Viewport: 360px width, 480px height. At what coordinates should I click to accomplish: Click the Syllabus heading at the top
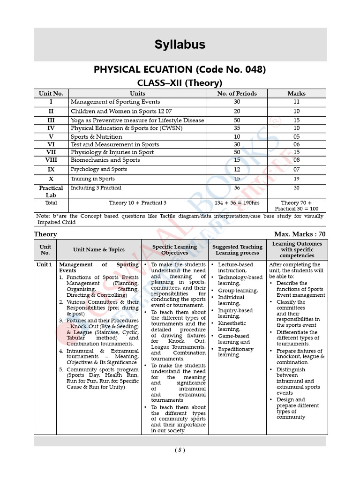[x=180, y=45]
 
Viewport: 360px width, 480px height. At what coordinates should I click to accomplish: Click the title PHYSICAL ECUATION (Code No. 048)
[x=180, y=69]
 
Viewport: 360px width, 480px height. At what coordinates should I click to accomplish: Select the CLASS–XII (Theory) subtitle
[x=180, y=83]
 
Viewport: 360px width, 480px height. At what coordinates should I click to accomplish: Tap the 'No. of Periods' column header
[x=237, y=93]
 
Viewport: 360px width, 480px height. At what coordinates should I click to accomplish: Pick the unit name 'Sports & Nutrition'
[x=97, y=137]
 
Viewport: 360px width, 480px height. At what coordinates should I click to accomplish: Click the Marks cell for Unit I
[x=296, y=102]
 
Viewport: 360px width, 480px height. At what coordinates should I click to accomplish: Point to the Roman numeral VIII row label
[x=51, y=160]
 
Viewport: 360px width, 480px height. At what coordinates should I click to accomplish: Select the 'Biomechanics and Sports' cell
[x=105, y=160]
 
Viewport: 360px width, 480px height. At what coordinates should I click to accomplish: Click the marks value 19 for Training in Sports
[x=296, y=179]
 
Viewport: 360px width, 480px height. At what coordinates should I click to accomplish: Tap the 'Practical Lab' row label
[x=51, y=191]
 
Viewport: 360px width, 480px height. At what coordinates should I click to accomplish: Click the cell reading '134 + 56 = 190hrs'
[x=237, y=203]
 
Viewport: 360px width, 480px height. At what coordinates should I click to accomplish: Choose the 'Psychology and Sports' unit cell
[x=99, y=169]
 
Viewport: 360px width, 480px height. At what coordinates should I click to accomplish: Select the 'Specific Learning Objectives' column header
[x=174, y=250]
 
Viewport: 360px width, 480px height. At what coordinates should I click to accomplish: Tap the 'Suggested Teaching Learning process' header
[x=237, y=250]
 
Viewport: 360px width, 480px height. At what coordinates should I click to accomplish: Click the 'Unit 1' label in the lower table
[x=45, y=264]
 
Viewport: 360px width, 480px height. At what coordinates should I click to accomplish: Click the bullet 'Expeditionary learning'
[x=235, y=352]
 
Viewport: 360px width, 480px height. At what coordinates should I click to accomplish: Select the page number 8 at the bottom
[x=180, y=450]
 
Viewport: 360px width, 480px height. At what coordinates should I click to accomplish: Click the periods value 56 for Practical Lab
[x=237, y=188]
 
